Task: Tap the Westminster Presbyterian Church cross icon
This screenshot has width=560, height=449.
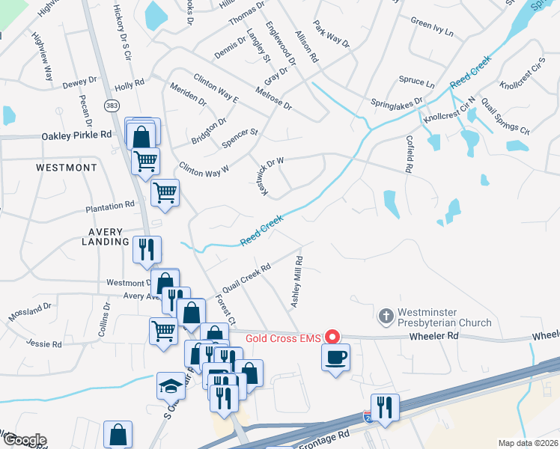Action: coord(386,316)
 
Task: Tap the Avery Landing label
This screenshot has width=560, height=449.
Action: coord(106,236)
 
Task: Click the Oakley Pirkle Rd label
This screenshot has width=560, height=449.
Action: coord(76,135)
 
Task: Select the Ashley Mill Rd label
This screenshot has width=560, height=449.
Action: coord(297,281)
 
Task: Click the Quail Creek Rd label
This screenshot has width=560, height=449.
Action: coord(246,278)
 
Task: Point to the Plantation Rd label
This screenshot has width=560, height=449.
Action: coord(109,204)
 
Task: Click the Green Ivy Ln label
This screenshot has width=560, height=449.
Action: coord(432,32)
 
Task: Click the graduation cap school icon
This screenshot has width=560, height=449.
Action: coord(170,386)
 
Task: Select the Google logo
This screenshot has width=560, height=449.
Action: coord(25,440)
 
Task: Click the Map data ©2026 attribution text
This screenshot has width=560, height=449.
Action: coord(527,443)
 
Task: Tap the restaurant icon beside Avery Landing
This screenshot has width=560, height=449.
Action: coord(147,249)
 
